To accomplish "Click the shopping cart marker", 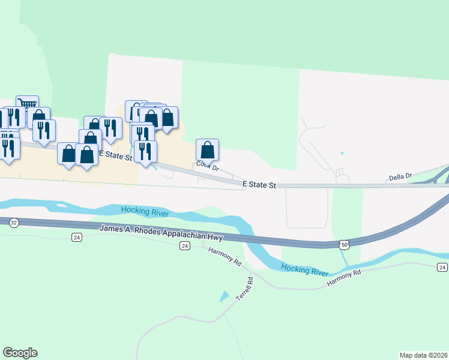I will (x=27, y=105).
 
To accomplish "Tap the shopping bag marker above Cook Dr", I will (x=207, y=150).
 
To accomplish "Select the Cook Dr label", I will (x=207, y=167).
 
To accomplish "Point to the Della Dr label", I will (x=400, y=177).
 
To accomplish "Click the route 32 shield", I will (x=13, y=222).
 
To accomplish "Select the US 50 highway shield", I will (x=343, y=244).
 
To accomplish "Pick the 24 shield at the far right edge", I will (x=442, y=267).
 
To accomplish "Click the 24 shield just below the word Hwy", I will (x=185, y=246).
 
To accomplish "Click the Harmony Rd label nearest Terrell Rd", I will (x=225, y=259).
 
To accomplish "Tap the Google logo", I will (x=20, y=353).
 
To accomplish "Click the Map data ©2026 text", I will (x=423, y=355).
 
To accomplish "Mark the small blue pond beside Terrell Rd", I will (x=224, y=296).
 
